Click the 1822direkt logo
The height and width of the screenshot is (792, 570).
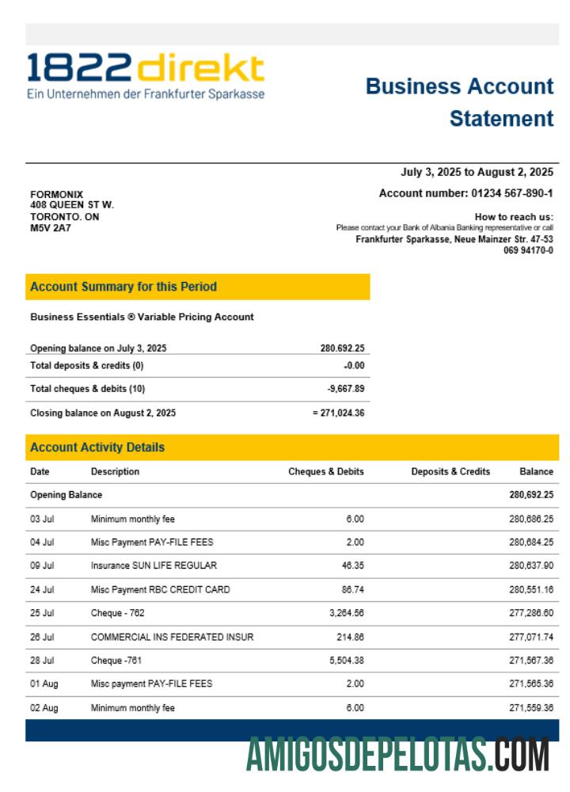[146, 76]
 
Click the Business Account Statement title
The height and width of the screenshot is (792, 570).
[460, 102]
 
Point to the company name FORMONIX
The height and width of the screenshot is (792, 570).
[56, 195]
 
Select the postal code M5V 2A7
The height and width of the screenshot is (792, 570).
[51, 228]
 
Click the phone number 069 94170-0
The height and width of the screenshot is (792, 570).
[528, 250]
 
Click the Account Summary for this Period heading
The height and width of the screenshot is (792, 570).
[123, 287]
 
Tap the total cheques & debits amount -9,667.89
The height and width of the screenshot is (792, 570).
[346, 389]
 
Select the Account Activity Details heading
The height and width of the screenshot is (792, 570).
[97, 447]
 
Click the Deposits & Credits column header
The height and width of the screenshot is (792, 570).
[450, 471]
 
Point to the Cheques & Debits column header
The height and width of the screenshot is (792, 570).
[326, 471]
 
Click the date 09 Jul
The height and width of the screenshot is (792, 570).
[42, 565]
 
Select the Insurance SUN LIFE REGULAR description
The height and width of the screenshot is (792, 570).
[154, 565]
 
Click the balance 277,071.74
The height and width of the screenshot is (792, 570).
[531, 637]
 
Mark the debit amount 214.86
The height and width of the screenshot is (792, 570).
[349, 637]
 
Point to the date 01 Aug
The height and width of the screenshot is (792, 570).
[44, 683]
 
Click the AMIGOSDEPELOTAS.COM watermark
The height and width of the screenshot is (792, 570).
[397, 754]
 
